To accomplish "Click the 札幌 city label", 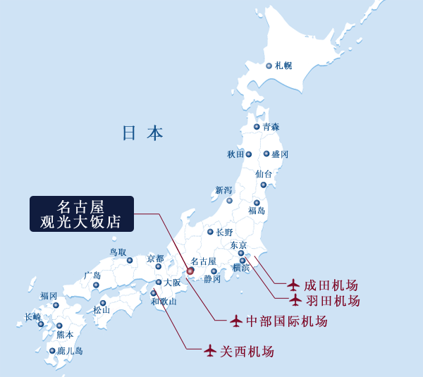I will coord(283,66).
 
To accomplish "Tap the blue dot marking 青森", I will coord(257,128).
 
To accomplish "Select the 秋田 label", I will coord(235,154).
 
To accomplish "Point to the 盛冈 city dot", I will coord(266,154).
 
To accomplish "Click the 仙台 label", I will coord(264,173).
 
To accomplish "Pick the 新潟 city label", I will coord(223,190).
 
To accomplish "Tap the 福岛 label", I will coord(257,210).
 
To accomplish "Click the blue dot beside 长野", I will coord(210,232).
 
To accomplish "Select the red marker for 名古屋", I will coord(190,271).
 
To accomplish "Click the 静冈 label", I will coord(212,279).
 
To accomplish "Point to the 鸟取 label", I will coord(118,252).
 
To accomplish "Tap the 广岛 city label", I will coord(92,276).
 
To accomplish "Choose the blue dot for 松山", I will coord(103,303).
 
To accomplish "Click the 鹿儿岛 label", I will coord(70,350).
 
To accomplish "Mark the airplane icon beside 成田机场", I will coord(294,285).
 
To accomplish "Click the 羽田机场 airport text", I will coord(332,301).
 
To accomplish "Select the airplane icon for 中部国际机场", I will coord(237,321).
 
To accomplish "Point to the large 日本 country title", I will coord(142,132).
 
